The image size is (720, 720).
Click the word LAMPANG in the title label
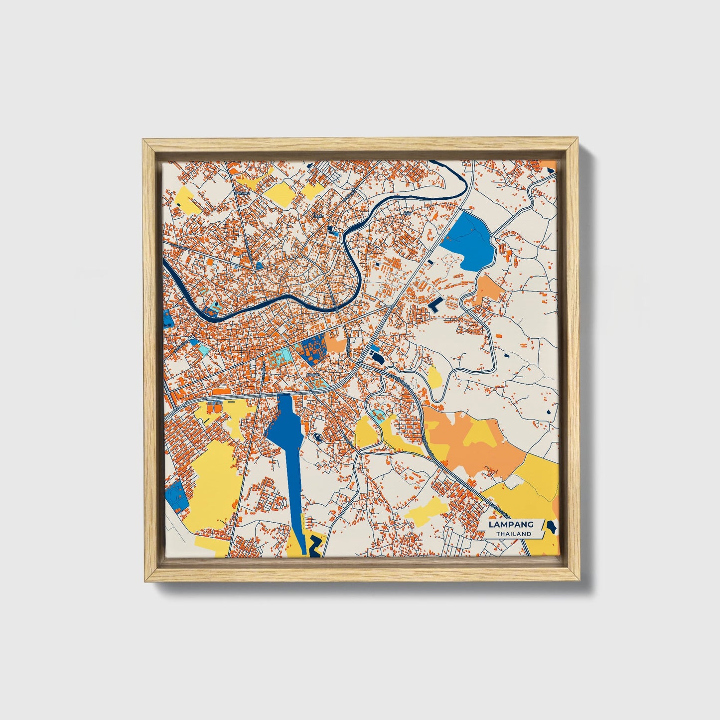[511, 524]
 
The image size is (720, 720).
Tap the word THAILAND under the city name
[513, 534]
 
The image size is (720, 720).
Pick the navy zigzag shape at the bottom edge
[314, 546]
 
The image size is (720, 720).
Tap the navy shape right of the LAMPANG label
[551, 526]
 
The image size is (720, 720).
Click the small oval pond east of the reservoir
[317, 437]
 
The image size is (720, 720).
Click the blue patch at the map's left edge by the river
[167, 319]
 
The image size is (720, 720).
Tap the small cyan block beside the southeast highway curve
[379, 415]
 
